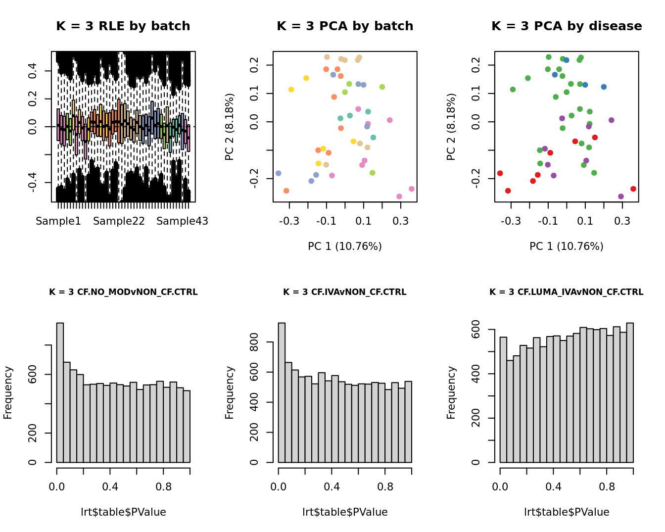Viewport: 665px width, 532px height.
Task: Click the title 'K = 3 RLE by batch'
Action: pyautogui.click(x=123, y=26)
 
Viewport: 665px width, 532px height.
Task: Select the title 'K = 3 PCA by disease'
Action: pyautogui.click(x=567, y=26)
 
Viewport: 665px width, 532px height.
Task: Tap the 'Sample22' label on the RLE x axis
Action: pyautogui.click(x=119, y=221)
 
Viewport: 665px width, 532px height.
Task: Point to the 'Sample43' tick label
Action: pyautogui.click(x=182, y=221)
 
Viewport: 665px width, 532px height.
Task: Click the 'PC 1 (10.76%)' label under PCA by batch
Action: pyautogui.click(x=344, y=246)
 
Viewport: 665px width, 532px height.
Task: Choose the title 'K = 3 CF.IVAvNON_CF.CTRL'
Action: pyautogui.click(x=344, y=292)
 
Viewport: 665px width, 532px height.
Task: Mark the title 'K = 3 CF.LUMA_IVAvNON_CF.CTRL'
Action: pyautogui.click(x=566, y=292)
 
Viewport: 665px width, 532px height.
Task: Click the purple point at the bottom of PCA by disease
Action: pyautogui.click(x=621, y=196)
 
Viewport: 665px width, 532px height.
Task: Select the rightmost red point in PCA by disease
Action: pyautogui.click(x=633, y=189)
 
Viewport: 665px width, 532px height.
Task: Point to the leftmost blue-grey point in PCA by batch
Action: pyautogui.click(x=279, y=173)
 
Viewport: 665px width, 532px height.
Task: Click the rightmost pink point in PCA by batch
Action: pyautogui.click(x=412, y=189)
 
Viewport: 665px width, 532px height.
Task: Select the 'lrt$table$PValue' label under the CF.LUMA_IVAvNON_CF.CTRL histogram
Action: pyautogui.click(x=567, y=512)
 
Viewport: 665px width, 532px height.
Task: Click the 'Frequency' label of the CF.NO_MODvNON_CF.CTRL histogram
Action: pyautogui.click(x=8, y=392)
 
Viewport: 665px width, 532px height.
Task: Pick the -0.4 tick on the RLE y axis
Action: pyautogui.click(x=33, y=183)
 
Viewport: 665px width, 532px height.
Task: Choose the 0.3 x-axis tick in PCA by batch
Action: pyautogui.click(x=401, y=221)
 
